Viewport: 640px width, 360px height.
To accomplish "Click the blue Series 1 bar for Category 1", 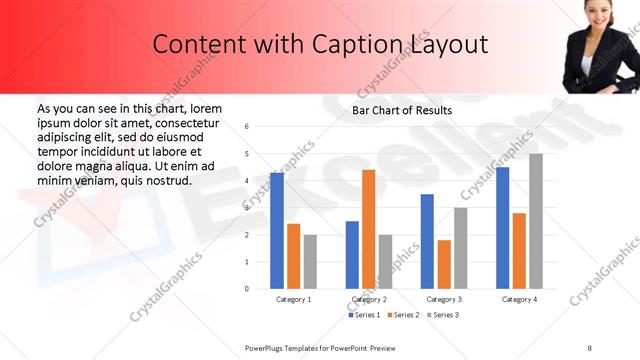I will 277,231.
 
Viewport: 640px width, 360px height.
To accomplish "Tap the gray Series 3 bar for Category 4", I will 536,221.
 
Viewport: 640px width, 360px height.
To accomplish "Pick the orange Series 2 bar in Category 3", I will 443,264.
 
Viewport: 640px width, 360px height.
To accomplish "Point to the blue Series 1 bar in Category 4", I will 502,228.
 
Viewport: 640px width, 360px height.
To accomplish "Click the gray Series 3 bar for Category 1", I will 310,262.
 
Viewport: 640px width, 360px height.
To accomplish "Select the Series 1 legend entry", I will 364,315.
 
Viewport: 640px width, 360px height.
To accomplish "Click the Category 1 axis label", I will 294,299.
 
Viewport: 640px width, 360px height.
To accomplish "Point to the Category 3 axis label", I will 444,299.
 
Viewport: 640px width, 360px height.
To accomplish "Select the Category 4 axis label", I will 519,299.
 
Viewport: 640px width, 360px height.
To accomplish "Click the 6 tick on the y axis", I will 246,127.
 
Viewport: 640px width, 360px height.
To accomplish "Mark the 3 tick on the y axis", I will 246,208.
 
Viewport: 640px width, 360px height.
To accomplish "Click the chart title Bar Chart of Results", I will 402,110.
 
